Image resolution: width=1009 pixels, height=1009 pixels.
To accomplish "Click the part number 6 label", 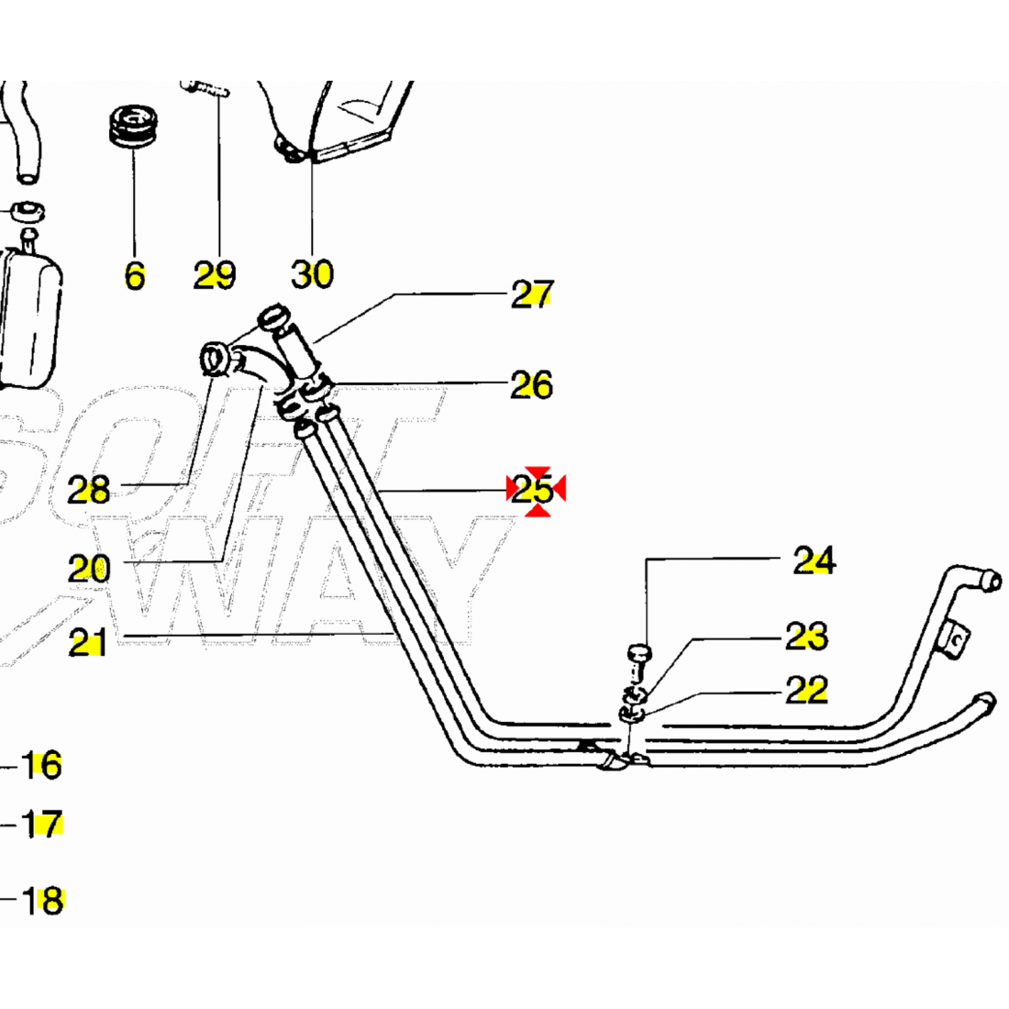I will click(x=135, y=274).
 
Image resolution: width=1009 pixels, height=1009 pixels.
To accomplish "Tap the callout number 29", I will click(x=215, y=274).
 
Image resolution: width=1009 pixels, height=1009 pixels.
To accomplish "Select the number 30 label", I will click(x=312, y=273).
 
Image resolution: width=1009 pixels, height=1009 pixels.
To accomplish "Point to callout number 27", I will click(x=532, y=294).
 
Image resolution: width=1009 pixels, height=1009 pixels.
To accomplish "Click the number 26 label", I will click(x=531, y=385).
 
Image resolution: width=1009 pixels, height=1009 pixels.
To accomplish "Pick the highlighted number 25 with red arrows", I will click(x=533, y=490).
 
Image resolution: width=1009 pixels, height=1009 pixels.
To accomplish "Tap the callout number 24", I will click(x=814, y=560).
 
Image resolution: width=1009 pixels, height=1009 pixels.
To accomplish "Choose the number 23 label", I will click(x=806, y=636).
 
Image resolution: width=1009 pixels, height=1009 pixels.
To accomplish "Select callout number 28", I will click(x=89, y=491).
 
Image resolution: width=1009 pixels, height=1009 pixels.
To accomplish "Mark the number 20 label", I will click(x=89, y=570).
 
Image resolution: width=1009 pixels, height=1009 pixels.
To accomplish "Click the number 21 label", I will click(x=88, y=644).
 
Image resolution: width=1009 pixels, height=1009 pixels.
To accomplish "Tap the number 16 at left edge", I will click(x=42, y=764).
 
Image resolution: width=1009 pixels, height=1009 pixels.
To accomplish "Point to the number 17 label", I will click(x=42, y=825).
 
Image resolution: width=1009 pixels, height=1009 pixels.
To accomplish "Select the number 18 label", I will click(x=42, y=900).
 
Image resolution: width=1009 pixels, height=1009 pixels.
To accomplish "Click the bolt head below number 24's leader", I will click(x=638, y=653).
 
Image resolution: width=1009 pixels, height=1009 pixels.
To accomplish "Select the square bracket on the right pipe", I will click(x=955, y=638).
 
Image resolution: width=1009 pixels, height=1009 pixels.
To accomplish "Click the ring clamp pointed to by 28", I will click(x=216, y=358).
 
